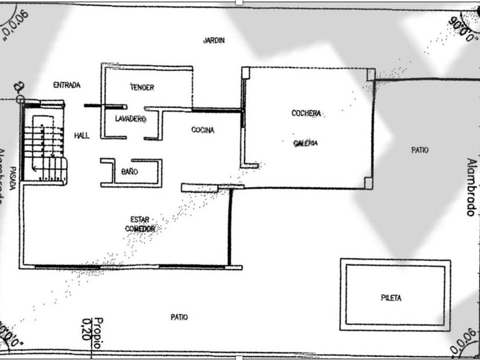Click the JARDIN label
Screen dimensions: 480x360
pos(214,41)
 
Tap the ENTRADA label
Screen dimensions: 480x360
pos(67,85)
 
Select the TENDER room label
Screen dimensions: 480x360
pos(142,87)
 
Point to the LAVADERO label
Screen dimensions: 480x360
pos(131,119)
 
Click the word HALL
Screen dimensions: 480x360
pos(82,135)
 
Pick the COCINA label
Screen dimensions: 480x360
pos(203,130)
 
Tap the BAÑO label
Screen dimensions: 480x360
pos(129,171)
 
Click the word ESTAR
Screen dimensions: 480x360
pos(139,219)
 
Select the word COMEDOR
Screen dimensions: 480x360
pos(140,229)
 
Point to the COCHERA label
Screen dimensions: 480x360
pos(306,114)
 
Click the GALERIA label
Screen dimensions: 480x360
pos(305,143)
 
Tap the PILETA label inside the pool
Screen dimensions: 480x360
pos(391,298)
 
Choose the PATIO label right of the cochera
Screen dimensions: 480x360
pos(419,150)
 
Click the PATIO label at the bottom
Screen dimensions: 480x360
pos(179,317)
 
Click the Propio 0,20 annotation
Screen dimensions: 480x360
pos(92,329)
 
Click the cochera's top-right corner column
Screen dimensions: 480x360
pos(370,74)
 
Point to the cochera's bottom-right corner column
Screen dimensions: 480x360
pos(369,183)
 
